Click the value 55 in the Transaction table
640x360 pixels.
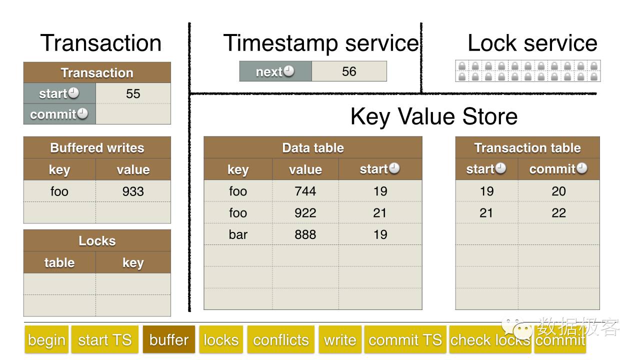(133, 93)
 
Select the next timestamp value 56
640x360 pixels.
(349, 71)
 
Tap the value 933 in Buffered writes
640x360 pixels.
(133, 191)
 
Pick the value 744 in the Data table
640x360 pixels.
(305, 191)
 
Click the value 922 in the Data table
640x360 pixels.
(305, 213)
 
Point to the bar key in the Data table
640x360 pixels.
(238, 234)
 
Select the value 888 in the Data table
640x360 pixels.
(305, 234)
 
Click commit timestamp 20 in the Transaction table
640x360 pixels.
(558, 191)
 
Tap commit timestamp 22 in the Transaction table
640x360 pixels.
(558, 213)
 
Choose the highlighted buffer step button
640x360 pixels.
(169, 339)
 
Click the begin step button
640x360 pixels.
(46, 339)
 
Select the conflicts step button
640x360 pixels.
(281, 339)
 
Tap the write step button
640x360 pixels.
(340, 339)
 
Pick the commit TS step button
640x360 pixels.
(405, 339)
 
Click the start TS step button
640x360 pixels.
(105, 339)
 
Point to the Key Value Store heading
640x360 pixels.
(434, 116)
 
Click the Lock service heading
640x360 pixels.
(532, 43)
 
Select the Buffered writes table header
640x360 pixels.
(97, 147)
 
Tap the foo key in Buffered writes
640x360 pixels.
(59, 191)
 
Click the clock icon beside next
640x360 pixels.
(288, 71)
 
